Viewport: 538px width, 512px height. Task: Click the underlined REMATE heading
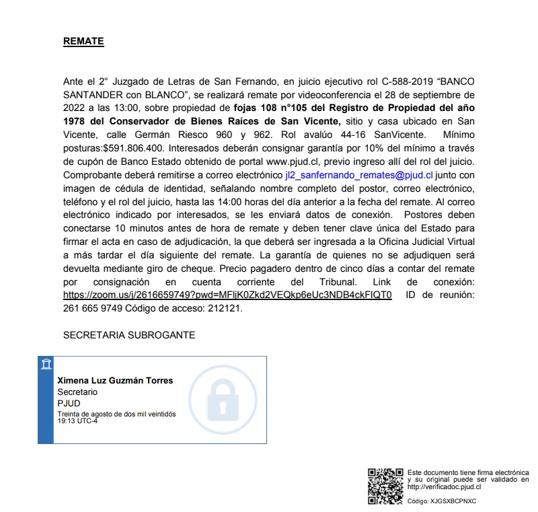(x=83, y=42)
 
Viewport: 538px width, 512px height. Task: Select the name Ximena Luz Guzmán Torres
(x=115, y=381)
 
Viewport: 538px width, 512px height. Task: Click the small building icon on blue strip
(x=46, y=365)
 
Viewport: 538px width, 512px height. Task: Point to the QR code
(x=385, y=486)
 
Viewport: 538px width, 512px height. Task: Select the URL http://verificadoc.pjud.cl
(x=444, y=486)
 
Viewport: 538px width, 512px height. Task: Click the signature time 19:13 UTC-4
(x=77, y=421)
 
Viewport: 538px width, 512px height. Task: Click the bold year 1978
(x=78, y=119)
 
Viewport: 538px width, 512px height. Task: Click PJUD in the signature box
(x=69, y=403)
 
